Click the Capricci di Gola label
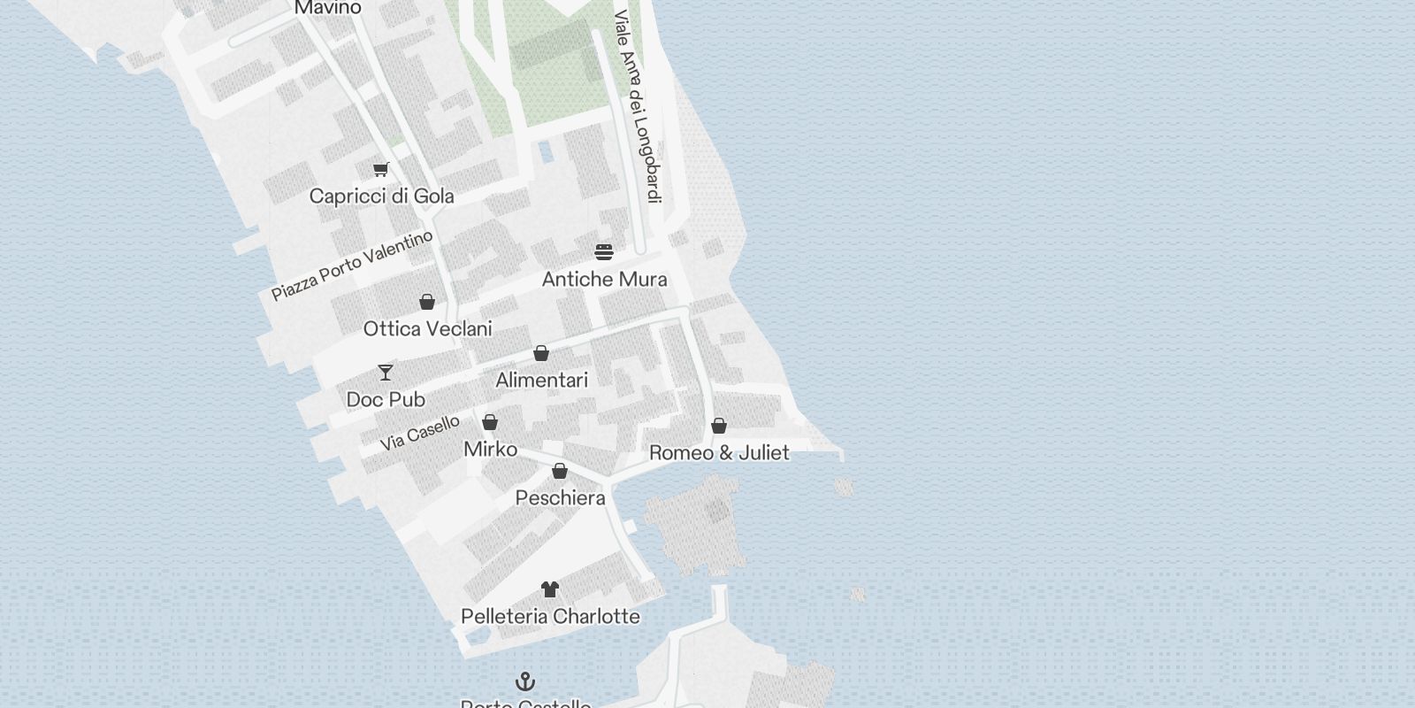[x=381, y=196]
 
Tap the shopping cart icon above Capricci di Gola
[x=380, y=169]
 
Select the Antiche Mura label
[x=604, y=279]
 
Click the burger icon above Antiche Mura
[x=604, y=252]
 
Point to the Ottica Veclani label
[x=427, y=328]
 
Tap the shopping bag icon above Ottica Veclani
[x=427, y=302]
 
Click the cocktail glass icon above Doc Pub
[x=386, y=372]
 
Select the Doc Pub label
[x=386, y=399]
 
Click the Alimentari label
[x=541, y=380]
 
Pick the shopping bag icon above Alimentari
[x=541, y=353]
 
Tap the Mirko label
[x=490, y=449]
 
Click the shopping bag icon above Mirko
[x=490, y=422]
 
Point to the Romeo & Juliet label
[x=719, y=452]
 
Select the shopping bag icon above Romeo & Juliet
[x=719, y=426]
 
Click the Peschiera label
[x=560, y=497]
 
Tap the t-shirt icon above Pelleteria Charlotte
[x=550, y=589]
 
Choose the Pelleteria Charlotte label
[x=550, y=616]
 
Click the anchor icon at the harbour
[x=525, y=681]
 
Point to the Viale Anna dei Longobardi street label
[x=639, y=106]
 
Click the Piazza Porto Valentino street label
[x=352, y=265]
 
